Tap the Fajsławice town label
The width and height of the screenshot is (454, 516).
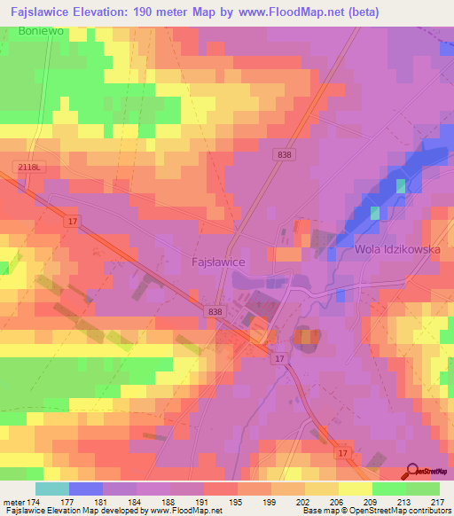coord(218,262)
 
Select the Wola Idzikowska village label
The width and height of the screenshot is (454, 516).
coord(397,249)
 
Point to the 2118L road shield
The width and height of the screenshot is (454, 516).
coord(28,167)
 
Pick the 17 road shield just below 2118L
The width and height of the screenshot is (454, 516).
coord(71,223)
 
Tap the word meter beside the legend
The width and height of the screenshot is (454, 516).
coord(15,501)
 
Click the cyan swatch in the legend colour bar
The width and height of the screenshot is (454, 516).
coord(52,489)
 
